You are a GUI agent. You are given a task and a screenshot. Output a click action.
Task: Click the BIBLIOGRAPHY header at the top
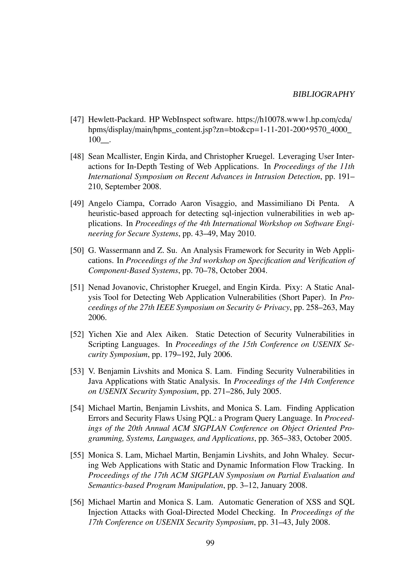coord(324,94)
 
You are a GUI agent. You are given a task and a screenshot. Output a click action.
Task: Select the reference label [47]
coord(77,119)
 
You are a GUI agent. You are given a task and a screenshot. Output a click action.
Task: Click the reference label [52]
coord(77,334)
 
